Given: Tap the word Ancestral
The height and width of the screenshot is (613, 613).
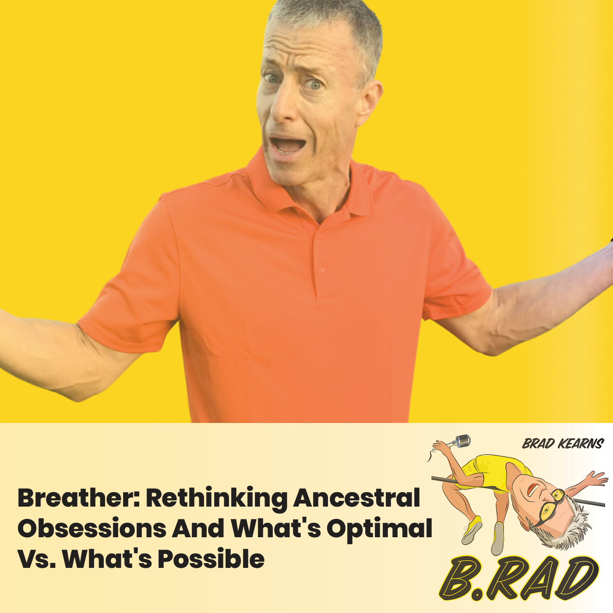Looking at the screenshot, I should (x=357, y=498).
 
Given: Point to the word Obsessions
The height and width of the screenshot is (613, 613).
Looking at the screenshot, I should (x=92, y=528).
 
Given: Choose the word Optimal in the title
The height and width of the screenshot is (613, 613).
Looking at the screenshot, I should (x=379, y=529).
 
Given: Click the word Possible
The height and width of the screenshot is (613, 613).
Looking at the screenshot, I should (x=211, y=559).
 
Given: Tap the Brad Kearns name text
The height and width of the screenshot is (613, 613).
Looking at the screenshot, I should (x=563, y=444).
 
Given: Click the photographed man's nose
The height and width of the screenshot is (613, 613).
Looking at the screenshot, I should (x=284, y=107).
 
